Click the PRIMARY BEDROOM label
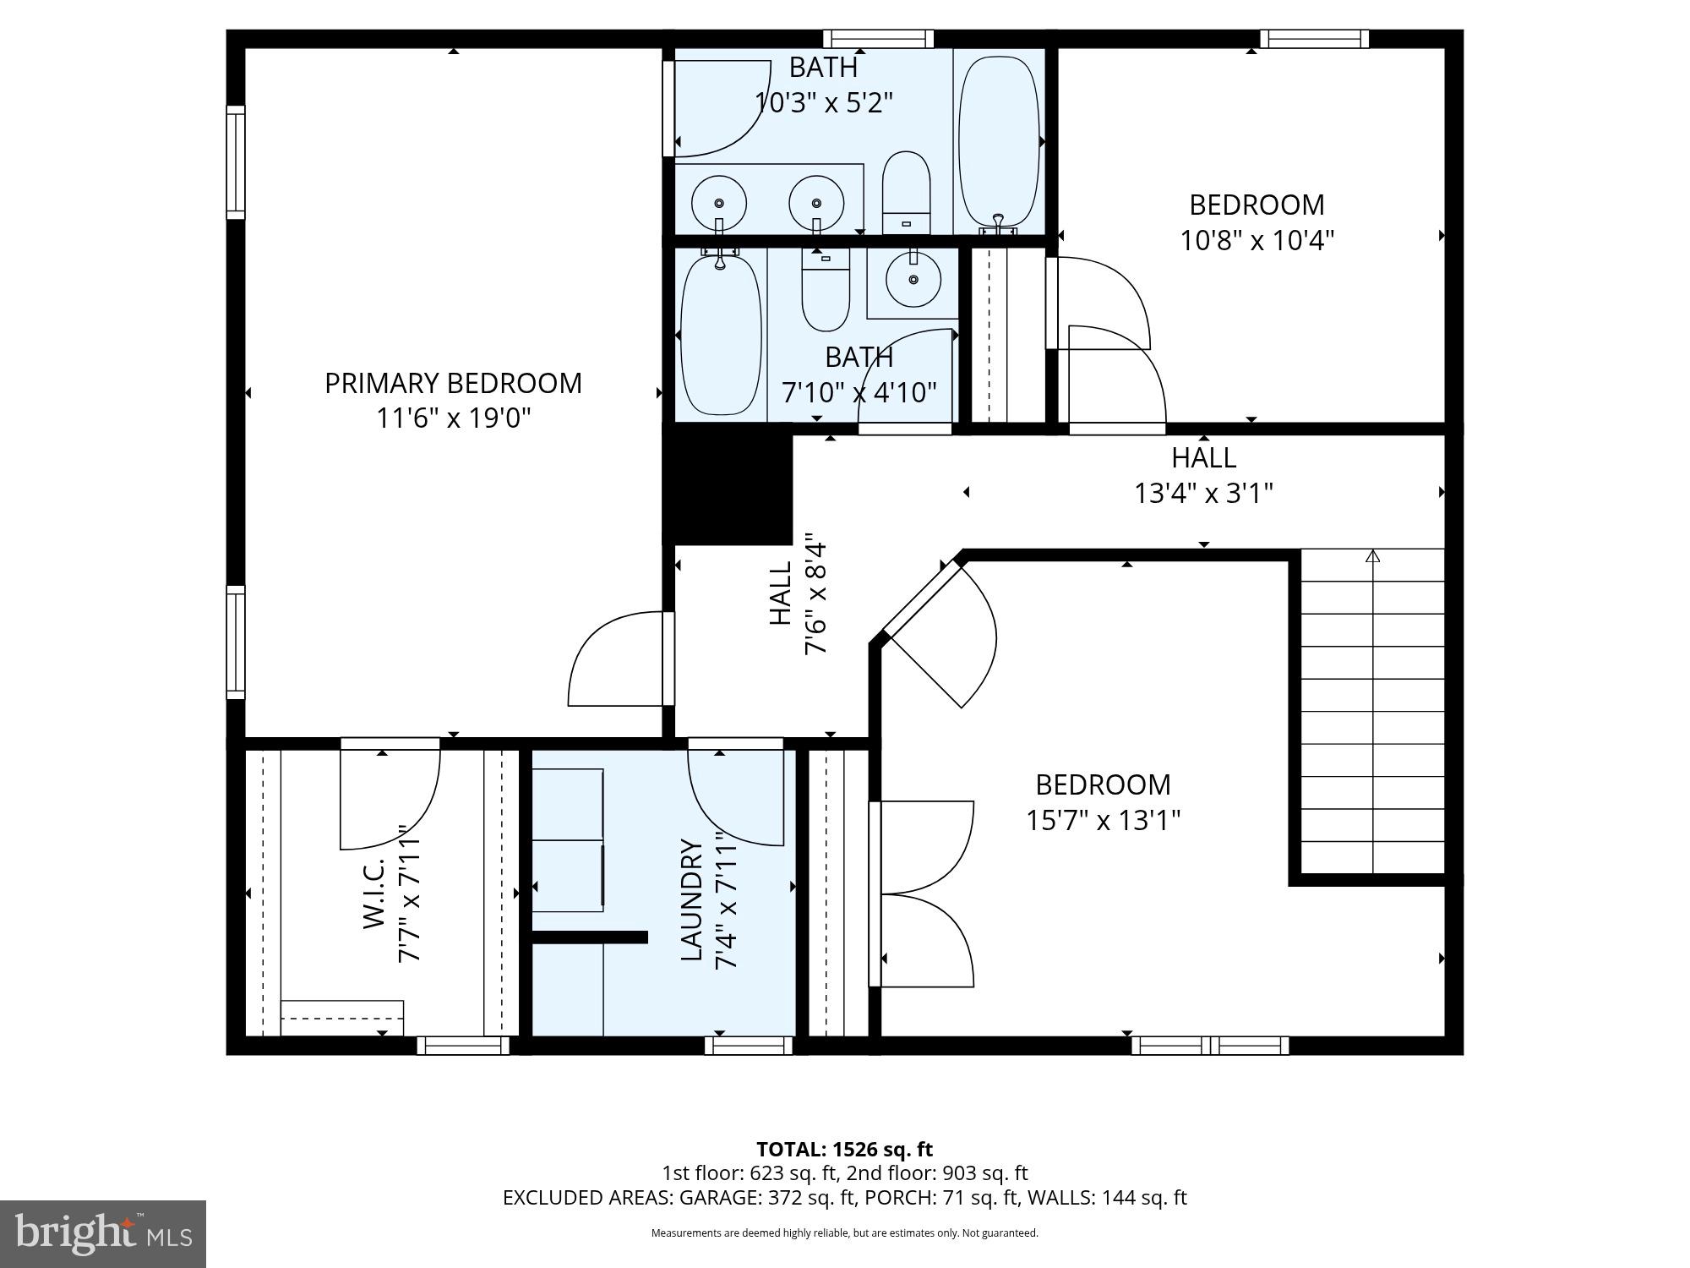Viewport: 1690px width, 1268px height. click(453, 383)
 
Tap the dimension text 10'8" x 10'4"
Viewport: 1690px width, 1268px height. click(1257, 241)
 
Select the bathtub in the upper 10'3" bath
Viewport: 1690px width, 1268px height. click(999, 141)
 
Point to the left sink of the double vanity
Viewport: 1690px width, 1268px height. click(718, 203)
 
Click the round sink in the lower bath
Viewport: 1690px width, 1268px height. click(913, 279)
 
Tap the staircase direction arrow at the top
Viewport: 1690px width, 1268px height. click(1372, 556)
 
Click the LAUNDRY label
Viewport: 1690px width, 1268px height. click(692, 899)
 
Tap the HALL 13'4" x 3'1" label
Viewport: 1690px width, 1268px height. click(1203, 475)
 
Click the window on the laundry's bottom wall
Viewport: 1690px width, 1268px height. click(748, 1046)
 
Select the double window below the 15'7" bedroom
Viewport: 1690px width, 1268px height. click(1210, 1046)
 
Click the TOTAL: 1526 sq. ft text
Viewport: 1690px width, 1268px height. click(844, 1149)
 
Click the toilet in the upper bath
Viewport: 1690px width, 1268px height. click(906, 193)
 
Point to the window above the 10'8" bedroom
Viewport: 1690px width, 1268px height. click(1314, 39)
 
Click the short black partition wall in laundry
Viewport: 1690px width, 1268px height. click(589, 937)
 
